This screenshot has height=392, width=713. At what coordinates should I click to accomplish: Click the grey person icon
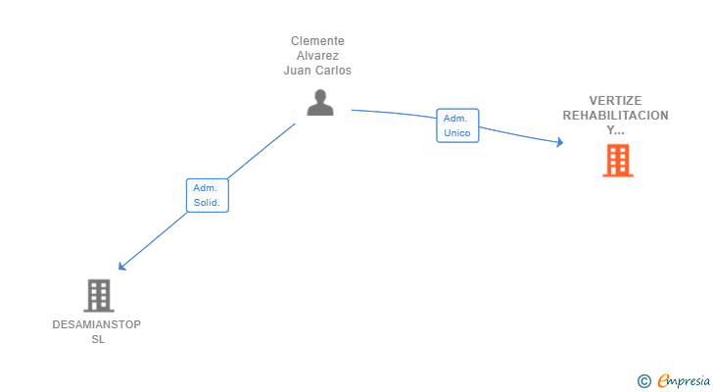(x=320, y=102)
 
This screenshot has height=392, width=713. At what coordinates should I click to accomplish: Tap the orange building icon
(x=617, y=160)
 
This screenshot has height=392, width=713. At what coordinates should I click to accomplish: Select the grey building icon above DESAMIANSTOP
(x=98, y=295)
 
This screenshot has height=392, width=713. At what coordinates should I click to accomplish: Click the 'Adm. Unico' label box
(x=457, y=125)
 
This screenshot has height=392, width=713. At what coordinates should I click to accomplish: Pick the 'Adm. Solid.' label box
(x=207, y=195)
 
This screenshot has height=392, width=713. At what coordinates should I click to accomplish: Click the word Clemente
(x=317, y=41)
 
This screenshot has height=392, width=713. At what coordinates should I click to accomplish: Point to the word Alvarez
(x=317, y=56)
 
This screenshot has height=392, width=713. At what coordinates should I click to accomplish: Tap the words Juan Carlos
(x=317, y=71)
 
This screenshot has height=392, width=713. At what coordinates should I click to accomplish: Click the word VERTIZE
(x=615, y=101)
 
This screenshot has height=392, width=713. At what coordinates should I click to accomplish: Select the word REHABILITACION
(x=615, y=116)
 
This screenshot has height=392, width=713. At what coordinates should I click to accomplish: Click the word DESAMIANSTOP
(x=96, y=324)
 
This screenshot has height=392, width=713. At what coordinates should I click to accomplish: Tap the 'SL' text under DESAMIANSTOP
(x=97, y=339)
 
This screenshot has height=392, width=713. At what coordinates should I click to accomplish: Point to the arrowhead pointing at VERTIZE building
(x=559, y=143)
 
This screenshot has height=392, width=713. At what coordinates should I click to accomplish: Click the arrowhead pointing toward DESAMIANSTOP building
(x=121, y=266)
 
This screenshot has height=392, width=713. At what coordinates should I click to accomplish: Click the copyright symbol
(x=643, y=381)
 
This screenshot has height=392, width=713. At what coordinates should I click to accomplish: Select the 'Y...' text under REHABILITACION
(x=615, y=130)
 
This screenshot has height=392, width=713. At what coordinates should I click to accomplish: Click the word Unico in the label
(x=457, y=133)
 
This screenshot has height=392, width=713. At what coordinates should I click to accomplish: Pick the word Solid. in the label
(x=207, y=203)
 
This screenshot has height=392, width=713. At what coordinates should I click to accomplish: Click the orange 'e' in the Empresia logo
(x=663, y=381)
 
